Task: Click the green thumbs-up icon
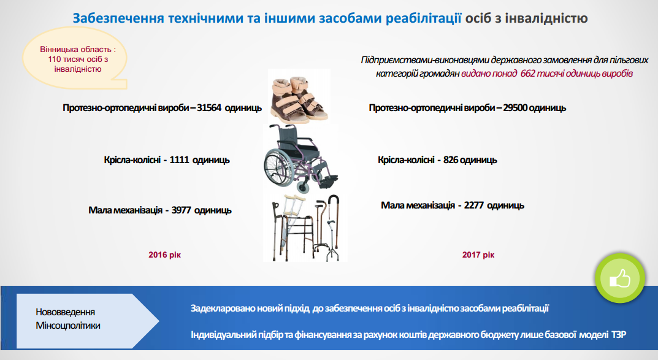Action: [620, 278]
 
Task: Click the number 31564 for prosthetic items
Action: [209, 108]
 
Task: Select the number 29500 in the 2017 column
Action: [515, 108]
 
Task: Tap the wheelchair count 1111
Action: [179, 160]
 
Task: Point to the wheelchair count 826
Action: [451, 160]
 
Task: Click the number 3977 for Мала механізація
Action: [182, 210]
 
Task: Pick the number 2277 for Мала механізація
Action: [474, 205]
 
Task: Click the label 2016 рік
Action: [164, 255]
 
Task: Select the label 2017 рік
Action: [478, 255]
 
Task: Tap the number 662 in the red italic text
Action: [527, 74]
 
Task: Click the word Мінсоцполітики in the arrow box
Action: [68, 326]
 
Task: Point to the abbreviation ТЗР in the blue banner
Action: [619, 334]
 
